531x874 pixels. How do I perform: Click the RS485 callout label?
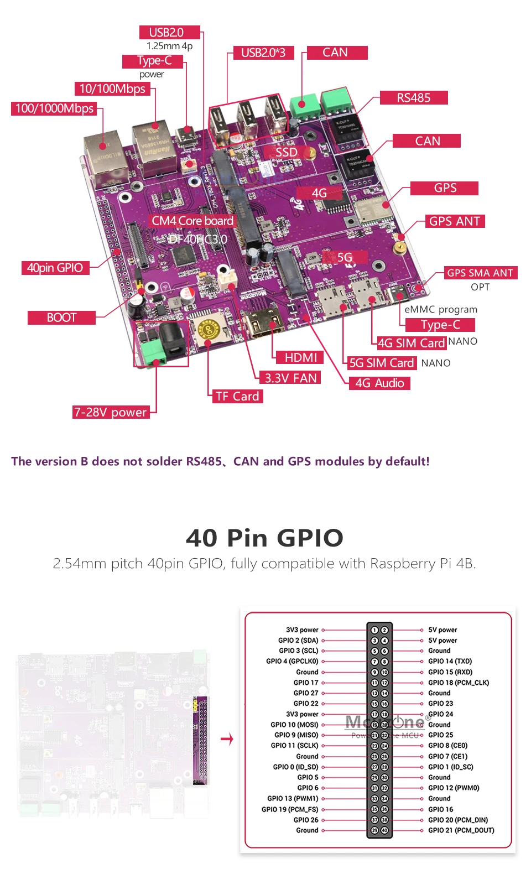[x=414, y=98]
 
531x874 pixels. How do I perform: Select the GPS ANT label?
[x=455, y=221]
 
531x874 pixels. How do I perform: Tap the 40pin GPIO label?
[x=55, y=268]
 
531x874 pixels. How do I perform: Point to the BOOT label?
[x=61, y=318]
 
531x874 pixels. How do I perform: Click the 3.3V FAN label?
[x=290, y=378]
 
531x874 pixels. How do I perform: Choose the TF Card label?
[x=237, y=396]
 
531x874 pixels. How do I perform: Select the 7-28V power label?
[x=111, y=412]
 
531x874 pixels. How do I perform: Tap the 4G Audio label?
[x=379, y=383]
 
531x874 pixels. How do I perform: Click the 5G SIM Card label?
[x=382, y=363]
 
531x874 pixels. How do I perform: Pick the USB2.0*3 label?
[x=263, y=53]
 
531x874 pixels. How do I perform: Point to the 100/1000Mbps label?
[x=54, y=108]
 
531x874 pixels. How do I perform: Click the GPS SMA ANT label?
[x=480, y=273]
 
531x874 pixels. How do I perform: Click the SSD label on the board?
[x=287, y=152]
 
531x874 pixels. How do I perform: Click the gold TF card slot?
[x=209, y=329]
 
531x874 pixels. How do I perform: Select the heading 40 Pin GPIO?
[x=265, y=538]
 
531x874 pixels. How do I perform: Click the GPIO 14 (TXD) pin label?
[x=450, y=661]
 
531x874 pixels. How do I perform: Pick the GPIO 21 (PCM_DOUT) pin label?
[x=461, y=830]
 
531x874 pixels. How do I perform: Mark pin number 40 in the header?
[x=384, y=830]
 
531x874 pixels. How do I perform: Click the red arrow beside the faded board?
[x=227, y=739]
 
